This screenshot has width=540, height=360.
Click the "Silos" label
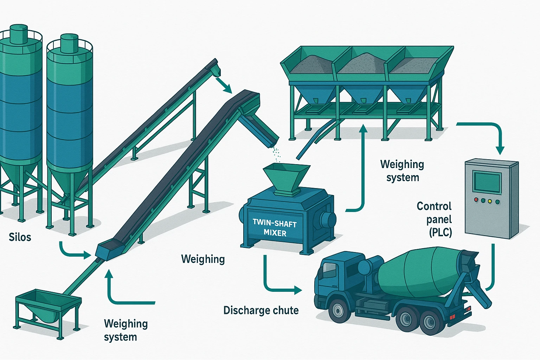click(20, 237)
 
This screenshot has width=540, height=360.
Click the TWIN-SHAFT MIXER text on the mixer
click(275, 228)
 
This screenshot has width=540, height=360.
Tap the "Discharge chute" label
click(261, 310)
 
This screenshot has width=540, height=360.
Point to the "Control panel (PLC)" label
click(434, 219)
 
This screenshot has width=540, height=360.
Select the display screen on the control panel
click(487, 182)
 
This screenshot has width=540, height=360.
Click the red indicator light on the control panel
click(476, 200)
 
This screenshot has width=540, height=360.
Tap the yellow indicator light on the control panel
click(490, 201)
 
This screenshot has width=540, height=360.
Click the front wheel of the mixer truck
click(338, 310)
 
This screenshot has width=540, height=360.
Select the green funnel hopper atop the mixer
click(286, 178)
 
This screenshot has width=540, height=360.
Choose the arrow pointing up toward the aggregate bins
click(362, 169)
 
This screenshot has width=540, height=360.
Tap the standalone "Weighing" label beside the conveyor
click(203, 259)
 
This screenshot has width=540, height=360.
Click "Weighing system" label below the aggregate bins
click(402, 171)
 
